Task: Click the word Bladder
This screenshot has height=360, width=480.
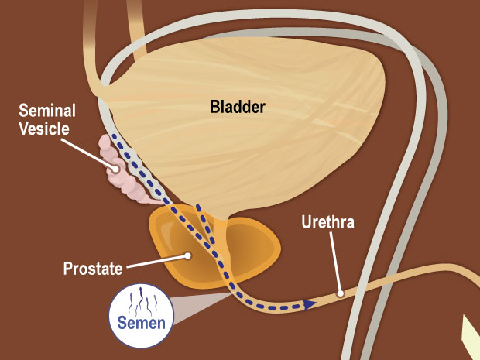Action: click(x=237, y=107)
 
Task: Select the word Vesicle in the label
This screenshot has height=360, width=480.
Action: click(x=46, y=129)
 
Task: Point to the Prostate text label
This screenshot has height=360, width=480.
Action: click(x=93, y=269)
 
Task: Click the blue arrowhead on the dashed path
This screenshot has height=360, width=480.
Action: click(x=309, y=304)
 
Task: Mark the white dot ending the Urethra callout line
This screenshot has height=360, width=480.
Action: click(x=340, y=293)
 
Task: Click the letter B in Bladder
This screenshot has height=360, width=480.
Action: click(x=214, y=107)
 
